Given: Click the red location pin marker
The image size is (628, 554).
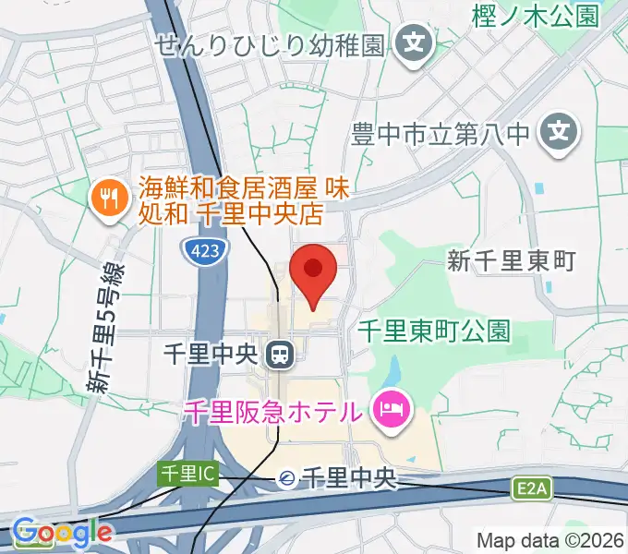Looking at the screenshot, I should pos(312,271).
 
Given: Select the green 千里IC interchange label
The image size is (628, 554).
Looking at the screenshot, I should pos(187,474).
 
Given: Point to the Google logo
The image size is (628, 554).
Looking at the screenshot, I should pos(62,532).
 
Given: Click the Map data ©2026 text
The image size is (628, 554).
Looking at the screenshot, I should pos(550,540).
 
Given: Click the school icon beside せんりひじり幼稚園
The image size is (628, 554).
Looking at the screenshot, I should pos(415,43).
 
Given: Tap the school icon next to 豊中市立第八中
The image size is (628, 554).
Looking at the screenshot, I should pos(560,134).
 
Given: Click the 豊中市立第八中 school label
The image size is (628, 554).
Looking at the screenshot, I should pos(442,135).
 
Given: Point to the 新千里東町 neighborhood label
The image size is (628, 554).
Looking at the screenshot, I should pos(511,260).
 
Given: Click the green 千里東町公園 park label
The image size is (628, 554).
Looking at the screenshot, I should pos(434,331).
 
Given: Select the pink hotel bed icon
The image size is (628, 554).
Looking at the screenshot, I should pos(391,410).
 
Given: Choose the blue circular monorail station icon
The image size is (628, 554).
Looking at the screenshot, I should pos(287,478).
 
